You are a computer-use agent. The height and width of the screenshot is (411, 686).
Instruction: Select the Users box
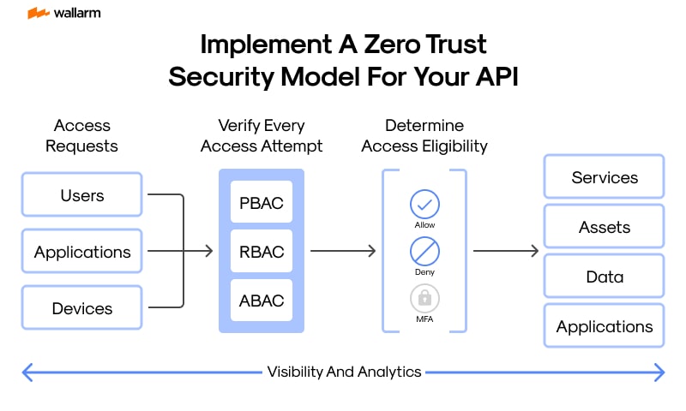click(x=82, y=195)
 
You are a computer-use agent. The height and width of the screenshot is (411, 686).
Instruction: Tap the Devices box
click(x=82, y=307)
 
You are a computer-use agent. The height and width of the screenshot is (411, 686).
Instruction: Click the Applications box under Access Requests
click(x=82, y=252)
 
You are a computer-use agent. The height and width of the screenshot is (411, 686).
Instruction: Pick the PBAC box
click(x=262, y=203)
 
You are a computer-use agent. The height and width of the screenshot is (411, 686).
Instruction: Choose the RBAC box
click(x=262, y=252)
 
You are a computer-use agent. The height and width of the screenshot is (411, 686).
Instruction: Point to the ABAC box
click(x=262, y=301)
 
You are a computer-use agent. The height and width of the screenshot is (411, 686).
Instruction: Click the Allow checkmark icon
click(x=424, y=204)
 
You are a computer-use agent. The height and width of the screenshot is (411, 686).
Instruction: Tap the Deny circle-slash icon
click(x=424, y=251)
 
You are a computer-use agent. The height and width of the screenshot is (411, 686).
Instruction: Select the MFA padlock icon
click(x=424, y=298)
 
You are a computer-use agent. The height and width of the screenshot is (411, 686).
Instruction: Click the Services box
click(x=605, y=177)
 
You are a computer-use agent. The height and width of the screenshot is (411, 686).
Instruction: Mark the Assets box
click(x=605, y=227)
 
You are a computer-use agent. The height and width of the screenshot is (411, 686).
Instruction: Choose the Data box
click(x=605, y=277)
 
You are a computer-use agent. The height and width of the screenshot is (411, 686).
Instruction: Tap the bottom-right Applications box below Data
click(x=605, y=326)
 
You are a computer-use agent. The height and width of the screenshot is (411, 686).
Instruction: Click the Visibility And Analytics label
click(x=344, y=372)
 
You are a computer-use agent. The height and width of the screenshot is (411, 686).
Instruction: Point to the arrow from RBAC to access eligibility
click(x=343, y=251)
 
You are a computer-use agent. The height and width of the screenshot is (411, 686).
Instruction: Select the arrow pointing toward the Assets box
click(x=506, y=251)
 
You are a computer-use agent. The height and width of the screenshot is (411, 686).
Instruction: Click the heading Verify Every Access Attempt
click(x=262, y=135)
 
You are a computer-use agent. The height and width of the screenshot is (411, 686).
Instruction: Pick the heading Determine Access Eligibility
click(x=424, y=135)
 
